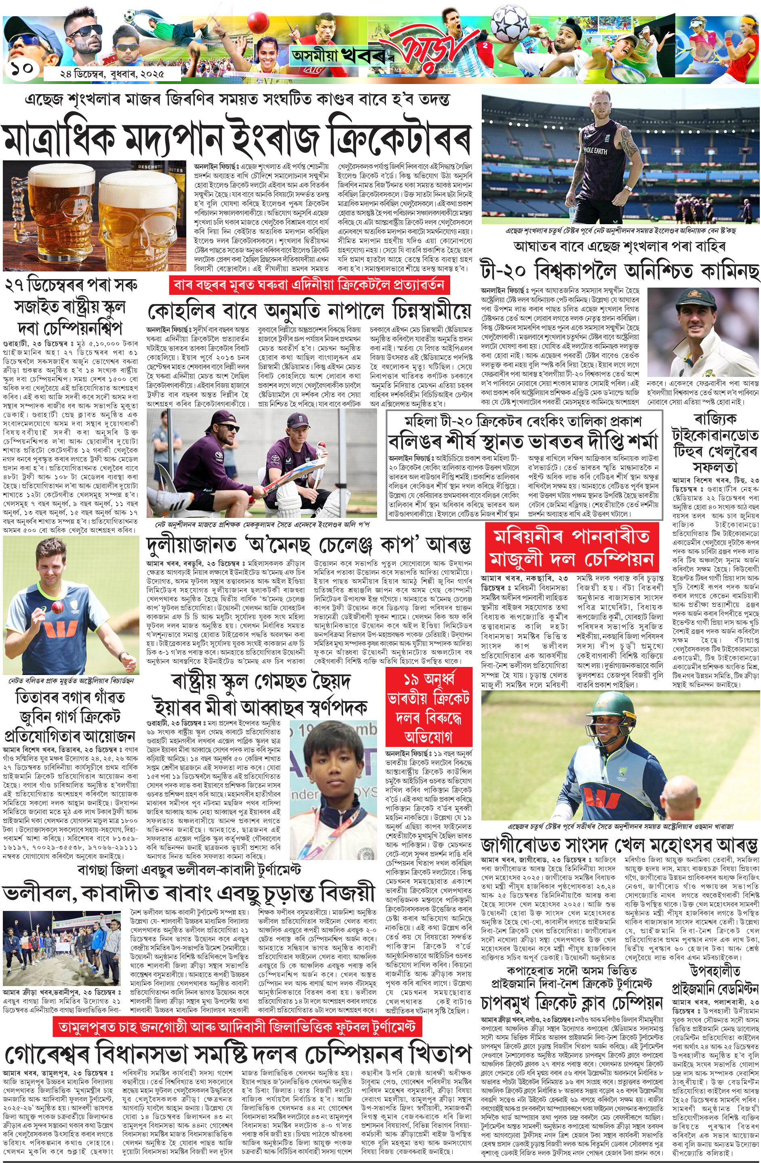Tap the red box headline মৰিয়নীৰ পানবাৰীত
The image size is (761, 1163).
(571, 537)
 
